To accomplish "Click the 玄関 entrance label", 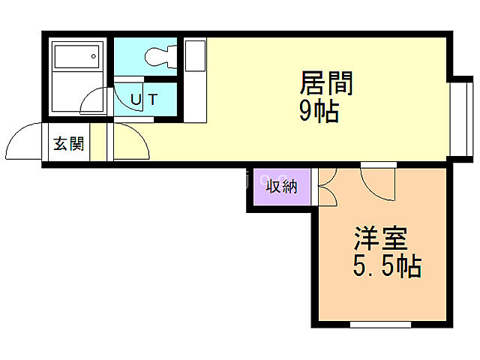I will [x=68, y=143].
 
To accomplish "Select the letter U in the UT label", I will [x=136, y=98].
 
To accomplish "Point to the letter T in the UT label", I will [x=152, y=98].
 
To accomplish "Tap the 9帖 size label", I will [x=319, y=112].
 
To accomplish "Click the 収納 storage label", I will [x=281, y=186].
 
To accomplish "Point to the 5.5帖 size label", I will [x=385, y=265].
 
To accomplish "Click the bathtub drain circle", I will [x=94, y=53].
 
